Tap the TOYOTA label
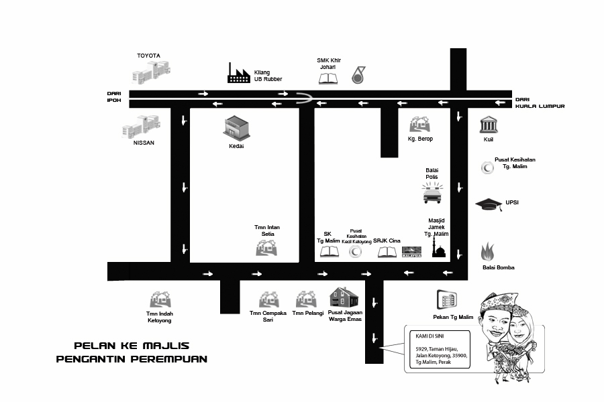(x=148, y=56)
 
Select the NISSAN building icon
(x=141, y=125)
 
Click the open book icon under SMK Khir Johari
(x=328, y=78)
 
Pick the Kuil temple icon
(x=488, y=125)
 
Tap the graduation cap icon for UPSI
(x=489, y=204)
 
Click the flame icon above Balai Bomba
(x=488, y=252)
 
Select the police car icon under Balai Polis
(x=432, y=194)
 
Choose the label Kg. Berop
(x=420, y=139)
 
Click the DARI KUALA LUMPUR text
(x=540, y=103)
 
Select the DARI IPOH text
(x=113, y=97)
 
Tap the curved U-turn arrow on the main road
(x=305, y=99)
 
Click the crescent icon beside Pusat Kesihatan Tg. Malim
(x=487, y=168)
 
